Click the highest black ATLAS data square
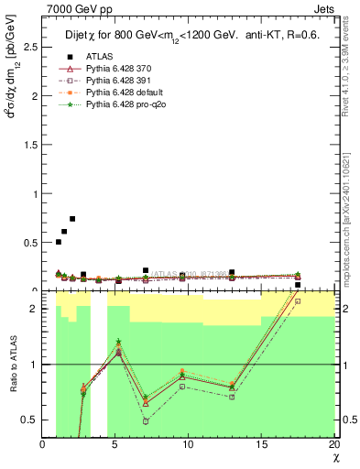coord(72,219)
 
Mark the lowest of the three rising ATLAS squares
coord(59,242)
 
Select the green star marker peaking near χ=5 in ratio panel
coord(118,342)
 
